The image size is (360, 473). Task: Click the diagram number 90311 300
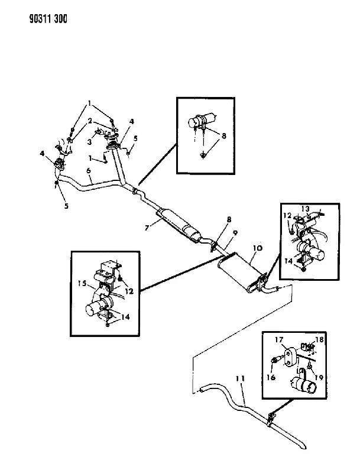click(48, 19)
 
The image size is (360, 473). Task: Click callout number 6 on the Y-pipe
click(88, 171)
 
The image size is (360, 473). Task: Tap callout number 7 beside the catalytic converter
click(147, 228)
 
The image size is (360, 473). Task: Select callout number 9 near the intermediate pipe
click(235, 233)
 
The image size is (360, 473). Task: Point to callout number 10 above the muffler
click(258, 248)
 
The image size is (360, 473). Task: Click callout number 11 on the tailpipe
click(241, 378)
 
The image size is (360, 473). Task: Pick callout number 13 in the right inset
click(305, 209)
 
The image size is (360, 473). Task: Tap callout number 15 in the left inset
click(82, 283)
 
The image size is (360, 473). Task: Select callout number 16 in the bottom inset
click(271, 377)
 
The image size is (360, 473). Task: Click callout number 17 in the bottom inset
click(279, 340)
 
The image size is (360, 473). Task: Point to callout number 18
click(319, 339)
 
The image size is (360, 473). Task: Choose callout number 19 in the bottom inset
click(319, 377)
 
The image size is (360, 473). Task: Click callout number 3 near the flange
click(89, 141)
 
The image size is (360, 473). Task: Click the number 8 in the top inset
click(223, 136)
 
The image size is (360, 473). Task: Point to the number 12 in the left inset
click(129, 291)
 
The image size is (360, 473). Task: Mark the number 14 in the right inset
click(288, 261)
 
